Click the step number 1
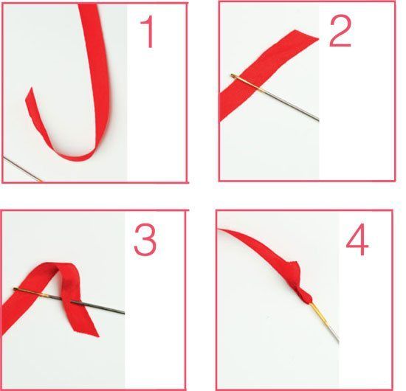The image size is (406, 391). click(x=148, y=32)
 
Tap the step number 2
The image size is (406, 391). click(x=340, y=33)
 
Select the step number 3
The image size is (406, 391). click(x=145, y=241)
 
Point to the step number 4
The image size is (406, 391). click(x=357, y=239)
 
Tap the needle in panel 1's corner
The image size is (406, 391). click(x=23, y=169)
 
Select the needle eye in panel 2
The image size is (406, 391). click(x=234, y=76)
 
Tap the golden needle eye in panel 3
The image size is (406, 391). click(x=18, y=289)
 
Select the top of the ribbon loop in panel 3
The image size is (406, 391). click(x=59, y=266)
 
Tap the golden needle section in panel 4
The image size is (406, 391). click(x=319, y=314)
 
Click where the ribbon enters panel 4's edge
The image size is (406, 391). click(x=219, y=230)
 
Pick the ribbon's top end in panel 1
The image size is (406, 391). click(x=88, y=6)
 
